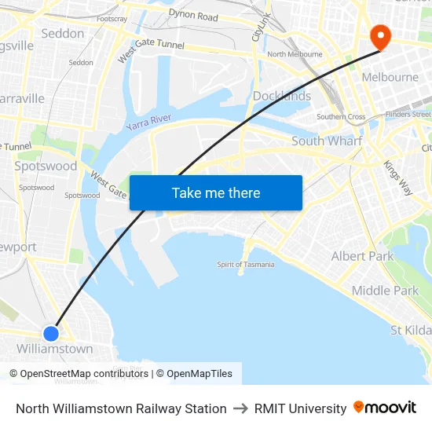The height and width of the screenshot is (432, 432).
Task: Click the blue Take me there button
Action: point(216,192)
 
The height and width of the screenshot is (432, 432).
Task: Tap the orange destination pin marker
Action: point(380,36)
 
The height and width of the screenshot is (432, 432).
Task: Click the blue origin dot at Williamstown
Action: point(51,333)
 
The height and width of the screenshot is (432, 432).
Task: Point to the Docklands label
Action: point(282,96)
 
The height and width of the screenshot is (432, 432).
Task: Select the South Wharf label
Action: point(327,141)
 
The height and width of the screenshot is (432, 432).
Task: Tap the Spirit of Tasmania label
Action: point(246,265)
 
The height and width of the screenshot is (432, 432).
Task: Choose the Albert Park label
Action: point(362,256)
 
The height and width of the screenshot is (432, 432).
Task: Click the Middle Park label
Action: point(385,291)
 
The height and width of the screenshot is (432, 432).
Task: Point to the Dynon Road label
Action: point(193,16)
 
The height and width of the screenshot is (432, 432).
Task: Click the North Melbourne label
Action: point(295,54)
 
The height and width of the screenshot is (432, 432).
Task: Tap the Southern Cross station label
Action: point(341,117)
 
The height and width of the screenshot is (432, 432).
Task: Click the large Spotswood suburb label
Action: point(46,166)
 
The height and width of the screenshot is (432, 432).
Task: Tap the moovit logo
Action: point(385,408)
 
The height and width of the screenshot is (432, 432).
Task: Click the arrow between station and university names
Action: point(240,408)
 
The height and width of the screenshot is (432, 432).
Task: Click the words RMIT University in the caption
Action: point(300,408)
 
